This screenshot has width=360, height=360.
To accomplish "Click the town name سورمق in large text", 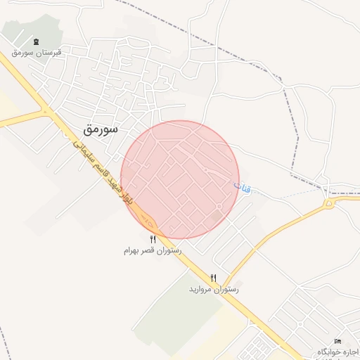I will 101,130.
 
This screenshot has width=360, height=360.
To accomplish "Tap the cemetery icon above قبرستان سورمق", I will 37,42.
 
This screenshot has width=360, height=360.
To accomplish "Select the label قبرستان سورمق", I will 37,53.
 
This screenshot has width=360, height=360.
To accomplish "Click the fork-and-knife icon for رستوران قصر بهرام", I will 153,240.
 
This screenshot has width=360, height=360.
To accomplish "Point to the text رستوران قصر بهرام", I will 153,250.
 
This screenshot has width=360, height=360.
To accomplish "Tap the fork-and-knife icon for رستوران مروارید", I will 214,278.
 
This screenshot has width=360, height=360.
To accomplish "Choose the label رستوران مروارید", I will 214,289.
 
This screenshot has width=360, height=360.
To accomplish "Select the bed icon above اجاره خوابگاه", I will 338,342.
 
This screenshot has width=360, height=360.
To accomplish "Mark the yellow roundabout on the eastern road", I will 328,203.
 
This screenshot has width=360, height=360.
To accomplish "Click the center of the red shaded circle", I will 180,179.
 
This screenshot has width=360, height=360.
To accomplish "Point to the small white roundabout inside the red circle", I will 219,206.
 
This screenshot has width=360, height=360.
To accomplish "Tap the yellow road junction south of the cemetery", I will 46,111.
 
